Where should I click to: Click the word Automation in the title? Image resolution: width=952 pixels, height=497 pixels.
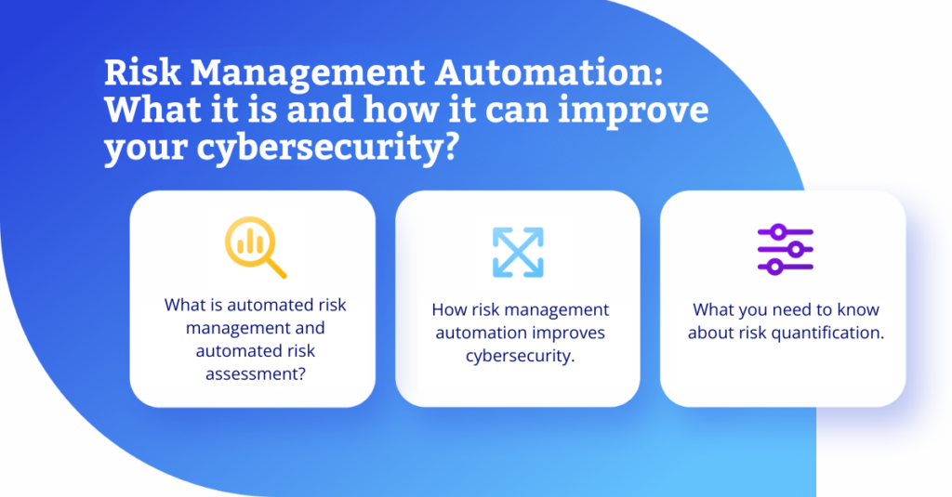click(x=549, y=72)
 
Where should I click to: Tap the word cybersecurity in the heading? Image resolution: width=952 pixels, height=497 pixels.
click(x=320, y=147)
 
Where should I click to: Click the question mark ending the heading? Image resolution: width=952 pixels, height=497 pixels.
click(x=450, y=146)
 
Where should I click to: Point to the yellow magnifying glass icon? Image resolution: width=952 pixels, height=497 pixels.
click(x=255, y=247)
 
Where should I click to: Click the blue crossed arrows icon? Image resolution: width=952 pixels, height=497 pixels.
click(x=518, y=253)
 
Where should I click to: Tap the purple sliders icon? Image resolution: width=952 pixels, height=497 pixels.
click(x=785, y=249)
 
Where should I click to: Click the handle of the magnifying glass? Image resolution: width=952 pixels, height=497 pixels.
click(x=275, y=268)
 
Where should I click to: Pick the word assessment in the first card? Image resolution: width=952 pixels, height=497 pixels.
click(x=255, y=373)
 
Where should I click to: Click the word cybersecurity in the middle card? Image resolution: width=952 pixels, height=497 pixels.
click(x=520, y=356)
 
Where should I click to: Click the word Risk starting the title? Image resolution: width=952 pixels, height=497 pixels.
click(x=142, y=72)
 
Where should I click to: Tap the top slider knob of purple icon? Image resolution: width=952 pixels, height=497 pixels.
click(x=780, y=232)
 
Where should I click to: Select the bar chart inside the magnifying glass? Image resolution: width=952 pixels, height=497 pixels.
click(x=250, y=242)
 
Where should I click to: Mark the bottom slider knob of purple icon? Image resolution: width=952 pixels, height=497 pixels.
click(x=774, y=267)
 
